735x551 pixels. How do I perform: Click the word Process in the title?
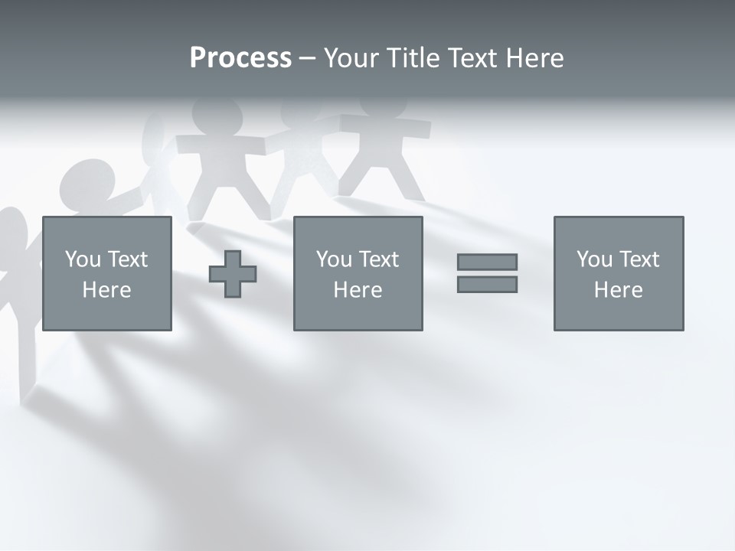coord(240,58)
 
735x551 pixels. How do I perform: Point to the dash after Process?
coord(308,59)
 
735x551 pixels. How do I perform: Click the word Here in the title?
coord(534,58)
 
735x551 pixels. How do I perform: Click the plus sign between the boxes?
coord(233,274)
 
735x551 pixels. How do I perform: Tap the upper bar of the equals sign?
coord(487,262)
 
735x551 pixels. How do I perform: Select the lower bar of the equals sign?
coord(487,284)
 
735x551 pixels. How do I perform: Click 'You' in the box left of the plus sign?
coord(83,259)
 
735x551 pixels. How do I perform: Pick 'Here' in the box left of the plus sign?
coord(106,290)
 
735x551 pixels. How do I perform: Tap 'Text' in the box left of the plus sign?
coord(126,259)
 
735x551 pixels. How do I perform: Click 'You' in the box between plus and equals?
coord(334,259)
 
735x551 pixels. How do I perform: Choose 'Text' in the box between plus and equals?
coord(377,259)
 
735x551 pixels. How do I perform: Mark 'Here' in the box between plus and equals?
coord(358,290)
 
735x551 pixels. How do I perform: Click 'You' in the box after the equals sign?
coord(594,259)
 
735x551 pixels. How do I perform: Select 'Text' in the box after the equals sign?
coord(638,259)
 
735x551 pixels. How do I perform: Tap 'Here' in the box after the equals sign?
coord(618,290)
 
